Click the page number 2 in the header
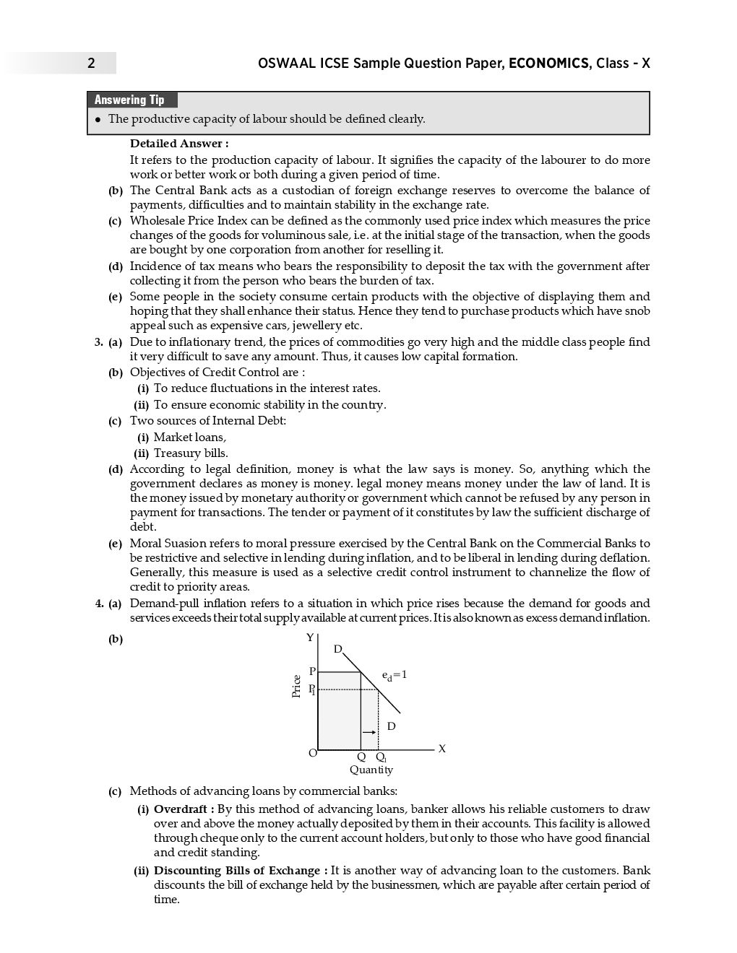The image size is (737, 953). [91, 64]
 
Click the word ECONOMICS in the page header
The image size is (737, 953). [548, 64]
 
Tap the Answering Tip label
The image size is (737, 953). [130, 100]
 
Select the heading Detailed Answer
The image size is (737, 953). [179, 144]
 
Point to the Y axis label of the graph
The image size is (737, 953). [310, 637]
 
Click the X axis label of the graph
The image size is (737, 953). [442, 749]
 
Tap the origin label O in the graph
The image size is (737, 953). [312, 753]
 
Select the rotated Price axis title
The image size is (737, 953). [296, 686]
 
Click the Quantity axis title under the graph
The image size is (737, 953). [371, 770]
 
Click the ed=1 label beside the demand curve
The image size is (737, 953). [395, 675]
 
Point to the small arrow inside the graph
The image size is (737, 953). [369, 732]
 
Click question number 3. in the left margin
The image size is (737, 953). [99, 342]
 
